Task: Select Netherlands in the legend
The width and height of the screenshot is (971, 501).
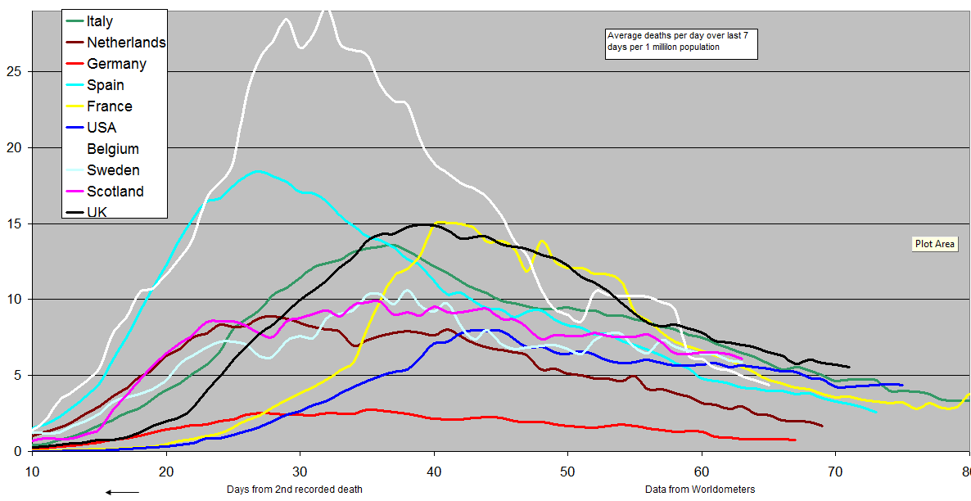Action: pyautogui.click(x=126, y=43)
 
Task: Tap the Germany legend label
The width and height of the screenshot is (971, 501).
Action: pyautogui.click(x=116, y=64)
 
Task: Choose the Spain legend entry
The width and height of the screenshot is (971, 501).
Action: pyautogui.click(x=106, y=85)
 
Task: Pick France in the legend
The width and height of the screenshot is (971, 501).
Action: pyautogui.click(x=109, y=106)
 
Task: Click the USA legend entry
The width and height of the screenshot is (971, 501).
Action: pyautogui.click(x=102, y=128)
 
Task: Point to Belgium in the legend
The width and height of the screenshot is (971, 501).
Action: pyautogui.click(x=113, y=149)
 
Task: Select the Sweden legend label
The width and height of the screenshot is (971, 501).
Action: pyautogui.click(x=113, y=170)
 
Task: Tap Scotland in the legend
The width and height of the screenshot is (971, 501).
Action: pyautogui.click(x=115, y=192)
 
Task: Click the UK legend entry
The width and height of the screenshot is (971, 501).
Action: pyautogui.click(x=97, y=212)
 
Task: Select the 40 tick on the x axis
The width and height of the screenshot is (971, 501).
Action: pyautogui.click(x=434, y=472)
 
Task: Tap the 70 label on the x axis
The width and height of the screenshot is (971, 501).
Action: pyautogui.click(x=834, y=472)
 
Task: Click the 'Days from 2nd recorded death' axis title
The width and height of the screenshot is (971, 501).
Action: pyautogui.click(x=294, y=490)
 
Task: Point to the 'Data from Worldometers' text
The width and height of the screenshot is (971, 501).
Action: pyautogui.click(x=700, y=490)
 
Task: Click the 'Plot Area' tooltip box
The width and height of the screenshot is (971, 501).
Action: pyautogui.click(x=935, y=244)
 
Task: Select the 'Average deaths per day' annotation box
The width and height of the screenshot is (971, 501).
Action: pyautogui.click(x=680, y=42)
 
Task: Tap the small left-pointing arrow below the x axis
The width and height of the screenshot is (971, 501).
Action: pyautogui.click(x=122, y=491)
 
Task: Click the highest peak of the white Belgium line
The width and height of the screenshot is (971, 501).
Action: pyautogui.click(x=326, y=10)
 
